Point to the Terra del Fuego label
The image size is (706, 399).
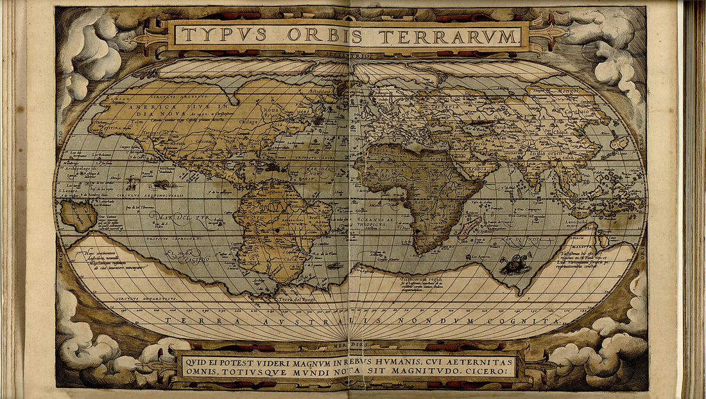click(295, 299)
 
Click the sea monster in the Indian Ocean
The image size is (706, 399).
click(515, 263)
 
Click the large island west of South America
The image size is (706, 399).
click(78, 215)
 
